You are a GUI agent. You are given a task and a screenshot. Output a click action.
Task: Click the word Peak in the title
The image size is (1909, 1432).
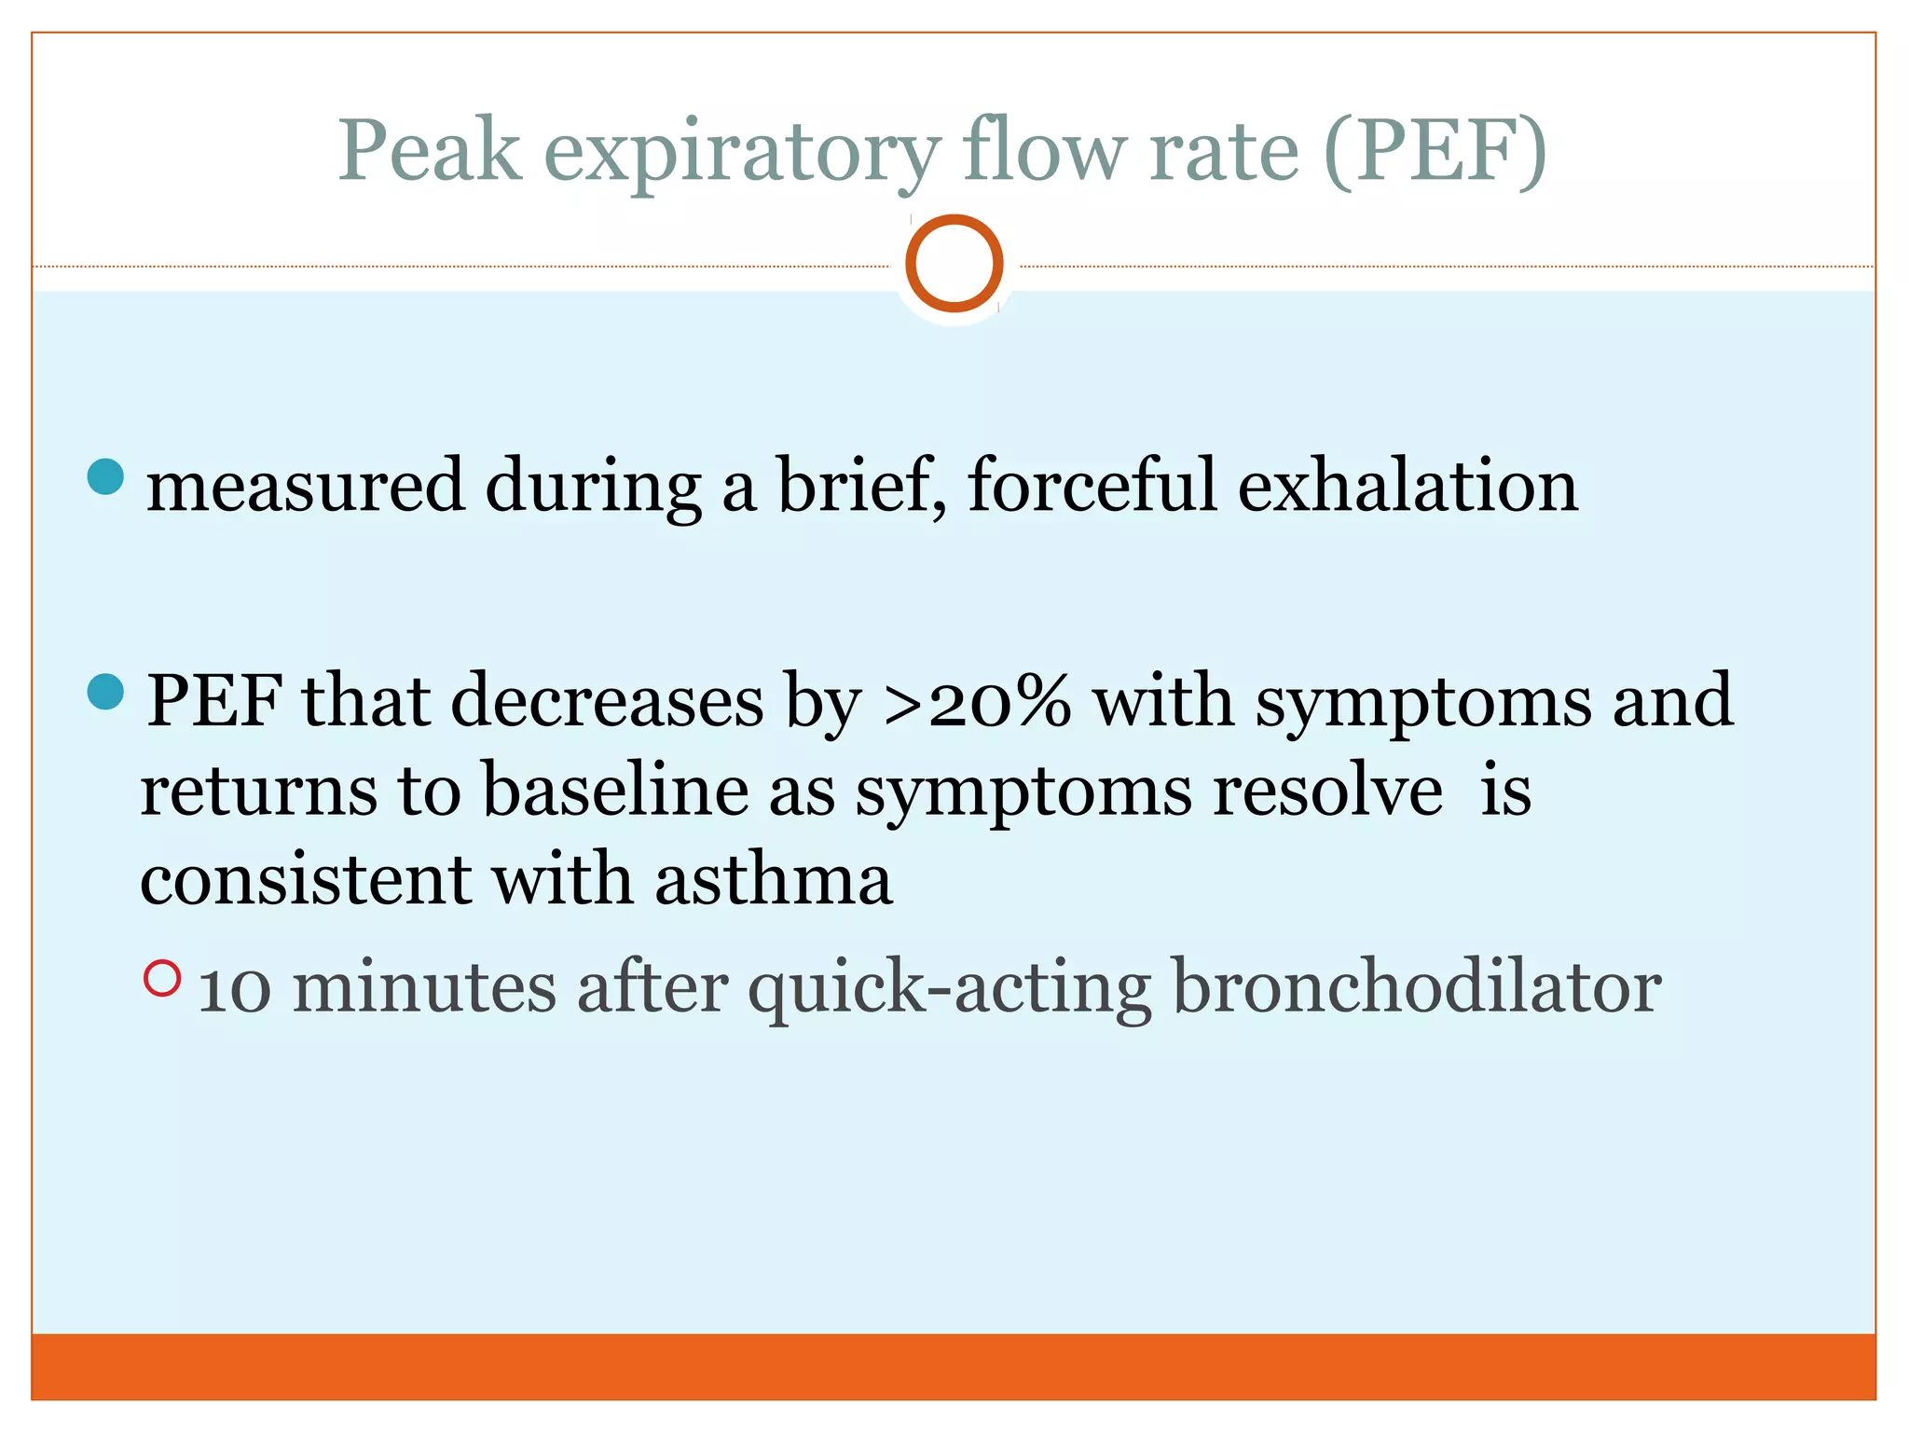[429, 151]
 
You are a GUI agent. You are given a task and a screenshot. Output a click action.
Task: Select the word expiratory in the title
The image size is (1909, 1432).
[742, 154]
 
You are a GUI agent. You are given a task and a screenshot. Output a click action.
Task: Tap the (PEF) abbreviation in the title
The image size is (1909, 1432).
[1435, 151]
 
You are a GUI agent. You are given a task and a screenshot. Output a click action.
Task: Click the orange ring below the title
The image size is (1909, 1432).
[954, 263]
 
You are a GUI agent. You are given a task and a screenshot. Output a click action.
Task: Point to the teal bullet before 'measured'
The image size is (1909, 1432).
[105, 476]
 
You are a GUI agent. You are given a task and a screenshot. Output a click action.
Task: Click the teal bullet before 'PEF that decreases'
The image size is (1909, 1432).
[105, 692]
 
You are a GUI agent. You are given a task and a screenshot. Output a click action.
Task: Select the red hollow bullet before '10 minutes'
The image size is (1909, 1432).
[162, 978]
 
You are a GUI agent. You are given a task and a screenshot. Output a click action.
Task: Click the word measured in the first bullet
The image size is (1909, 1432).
[305, 487]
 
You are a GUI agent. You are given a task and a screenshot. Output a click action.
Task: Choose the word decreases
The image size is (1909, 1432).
[608, 701]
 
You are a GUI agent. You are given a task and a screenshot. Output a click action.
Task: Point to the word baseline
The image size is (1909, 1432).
[615, 791]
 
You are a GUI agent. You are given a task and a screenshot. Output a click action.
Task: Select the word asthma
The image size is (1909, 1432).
[774, 879]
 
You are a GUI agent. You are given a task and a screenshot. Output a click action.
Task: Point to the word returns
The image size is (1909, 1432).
[259, 791]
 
